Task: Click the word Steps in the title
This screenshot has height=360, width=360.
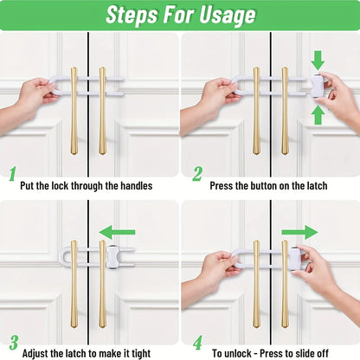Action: coord(132,15)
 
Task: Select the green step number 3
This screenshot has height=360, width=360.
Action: coord(12,344)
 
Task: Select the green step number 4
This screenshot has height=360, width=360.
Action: coord(197,344)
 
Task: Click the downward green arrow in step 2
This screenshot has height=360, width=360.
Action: coord(318,59)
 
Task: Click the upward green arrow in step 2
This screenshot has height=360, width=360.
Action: coord(318,113)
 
